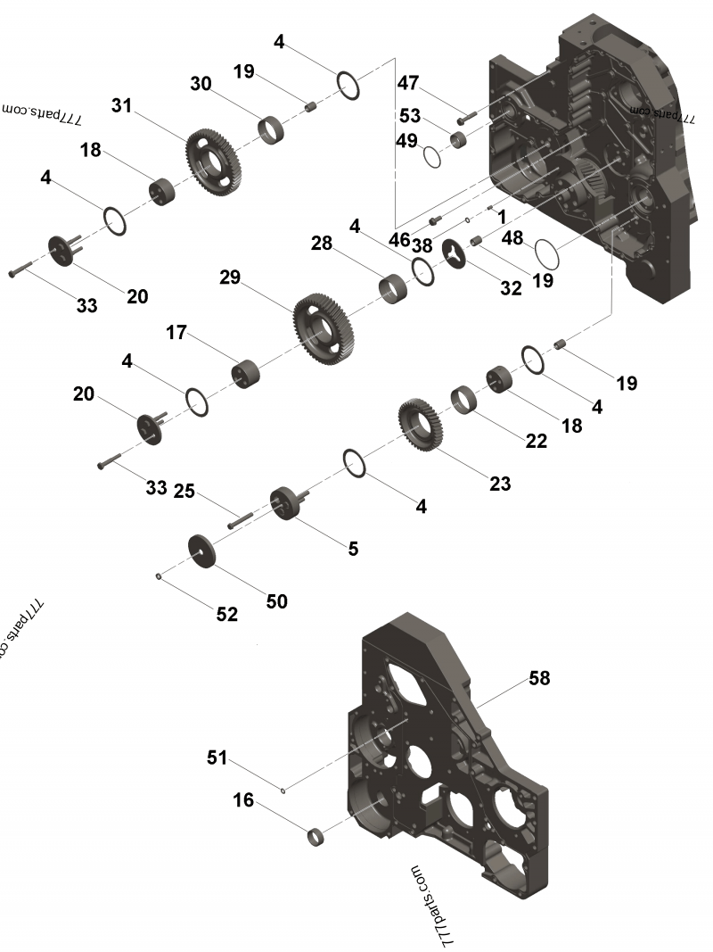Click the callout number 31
pos(121,105)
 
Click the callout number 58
pos(538,678)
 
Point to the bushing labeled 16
pos(316,838)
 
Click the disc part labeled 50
pos(204,550)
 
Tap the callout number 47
pos(407,84)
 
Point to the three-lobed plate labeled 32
pos(455,253)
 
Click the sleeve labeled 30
pos(271,129)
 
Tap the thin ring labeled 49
pos(432,157)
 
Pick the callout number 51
pos(217,758)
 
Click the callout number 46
pos(398,239)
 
